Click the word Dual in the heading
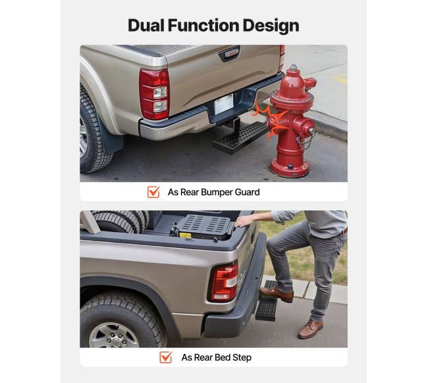(x=146, y=26)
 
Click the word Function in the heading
(x=203, y=26)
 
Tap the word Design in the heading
(x=271, y=26)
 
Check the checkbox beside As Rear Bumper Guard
(x=153, y=192)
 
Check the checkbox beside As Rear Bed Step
(x=166, y=357)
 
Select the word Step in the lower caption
(x=242, y=357)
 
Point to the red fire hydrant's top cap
(x=293, y=68)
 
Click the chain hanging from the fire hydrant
(x=306, y=140)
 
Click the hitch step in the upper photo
(x=240, y=136)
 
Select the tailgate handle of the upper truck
(x=229, y=53)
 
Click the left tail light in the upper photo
(x=154, y=94)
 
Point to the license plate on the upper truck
(x=224, y=104)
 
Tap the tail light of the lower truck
(x=224, y=282)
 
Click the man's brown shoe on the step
(x=277, y=293)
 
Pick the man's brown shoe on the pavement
(x=310, y=329)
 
